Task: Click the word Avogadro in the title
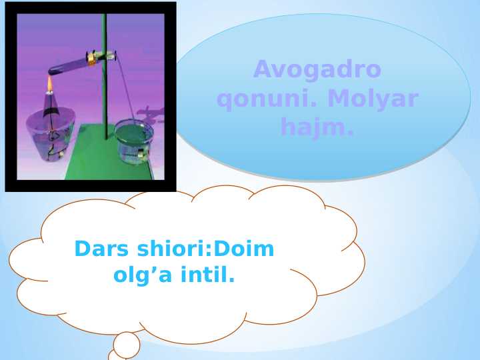pos(317,69)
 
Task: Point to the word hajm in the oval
pos(313,125)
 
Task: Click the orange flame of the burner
pos(49,83)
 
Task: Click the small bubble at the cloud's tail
pos(127,345)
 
